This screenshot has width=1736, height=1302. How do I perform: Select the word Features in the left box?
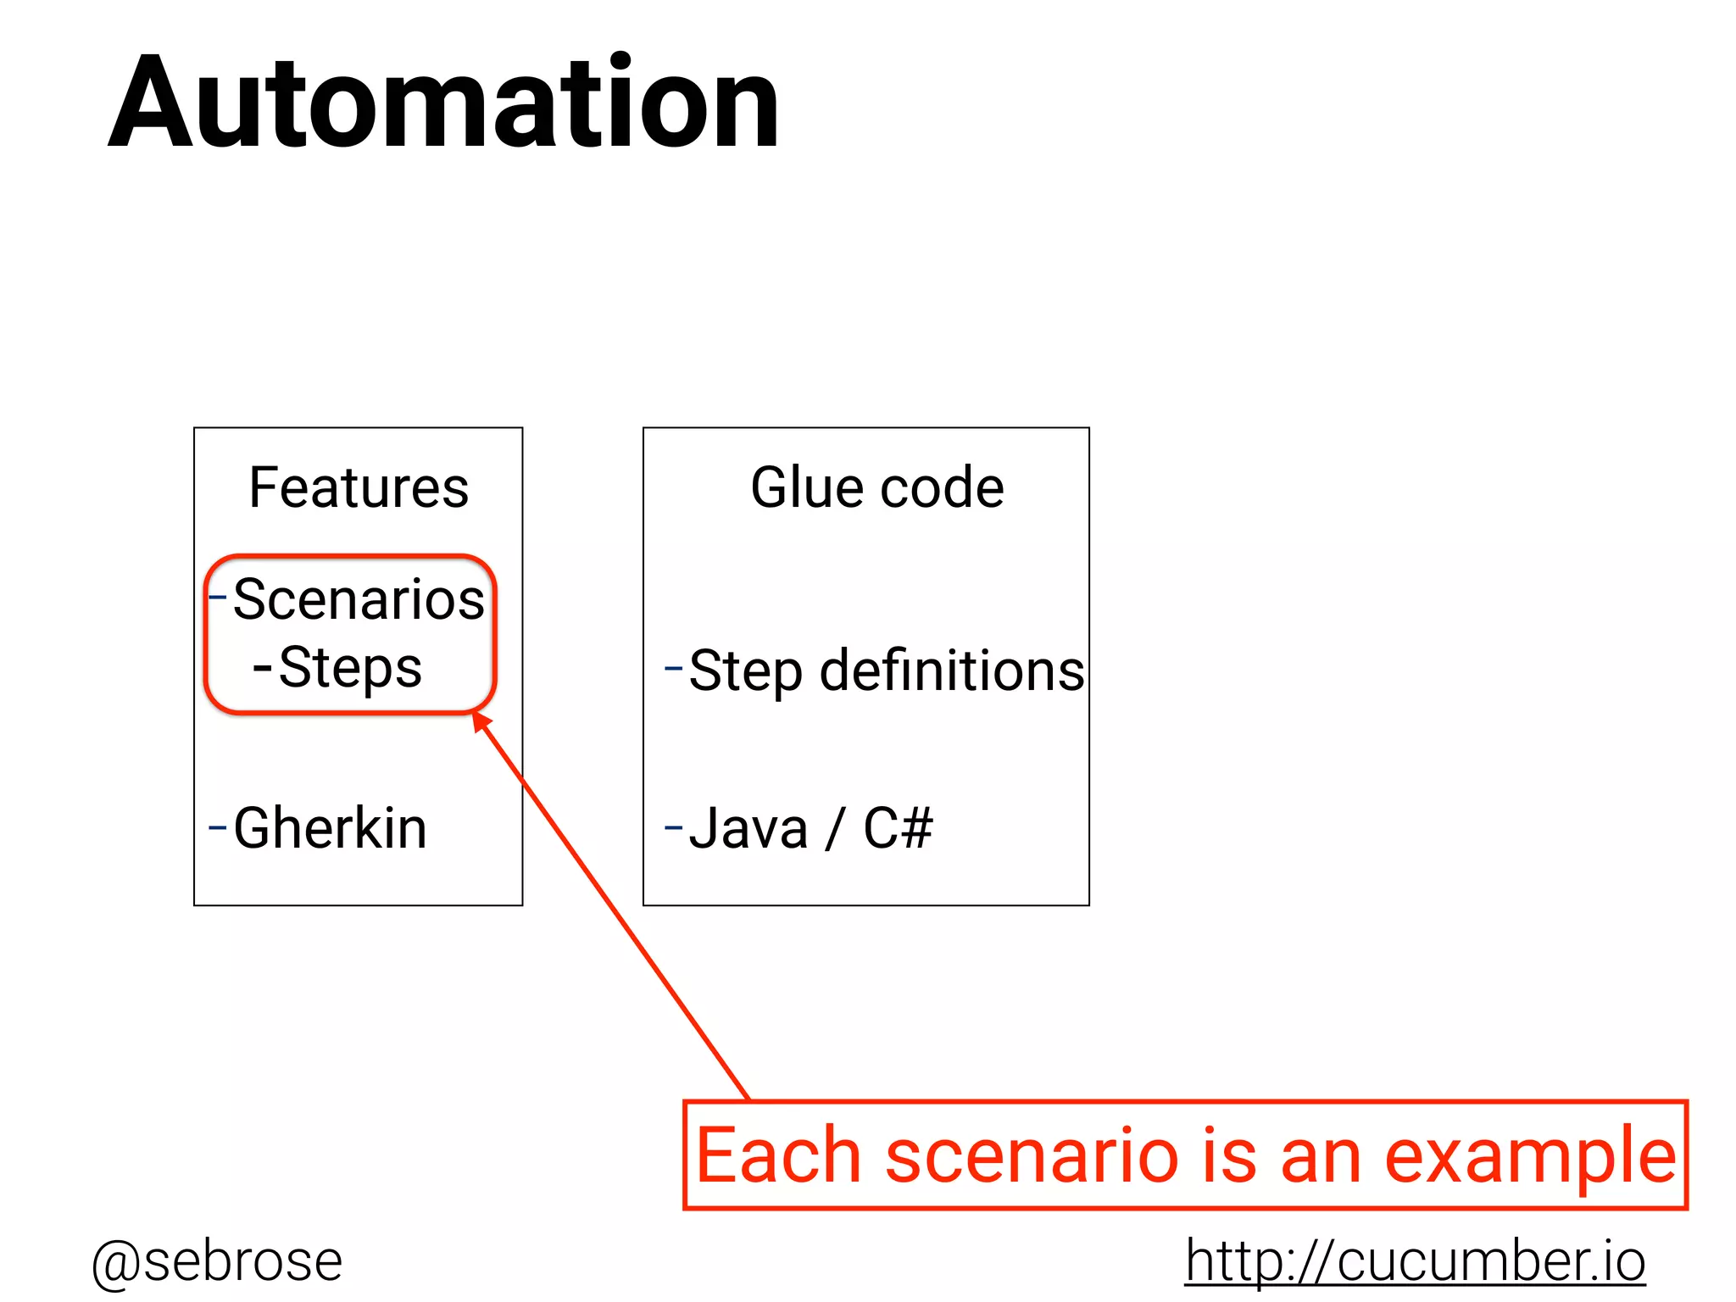359,488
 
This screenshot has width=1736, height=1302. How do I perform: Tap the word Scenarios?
359,599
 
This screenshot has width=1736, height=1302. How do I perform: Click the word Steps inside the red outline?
350,668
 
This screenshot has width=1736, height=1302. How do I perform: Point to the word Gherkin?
330,828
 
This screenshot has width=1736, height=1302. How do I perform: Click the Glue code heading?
877,488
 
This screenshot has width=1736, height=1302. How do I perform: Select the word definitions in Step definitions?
952,670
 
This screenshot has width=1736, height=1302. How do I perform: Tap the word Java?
748,828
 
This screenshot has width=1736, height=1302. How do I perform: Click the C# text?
898,828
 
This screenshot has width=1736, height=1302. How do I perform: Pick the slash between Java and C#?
835,830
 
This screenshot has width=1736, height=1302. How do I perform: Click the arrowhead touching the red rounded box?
481,721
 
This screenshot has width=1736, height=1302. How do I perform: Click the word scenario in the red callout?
1032,1156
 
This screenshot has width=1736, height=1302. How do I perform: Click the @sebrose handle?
217,1261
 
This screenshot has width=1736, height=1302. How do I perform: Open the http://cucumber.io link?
1415,1261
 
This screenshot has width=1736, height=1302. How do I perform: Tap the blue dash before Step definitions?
673,668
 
